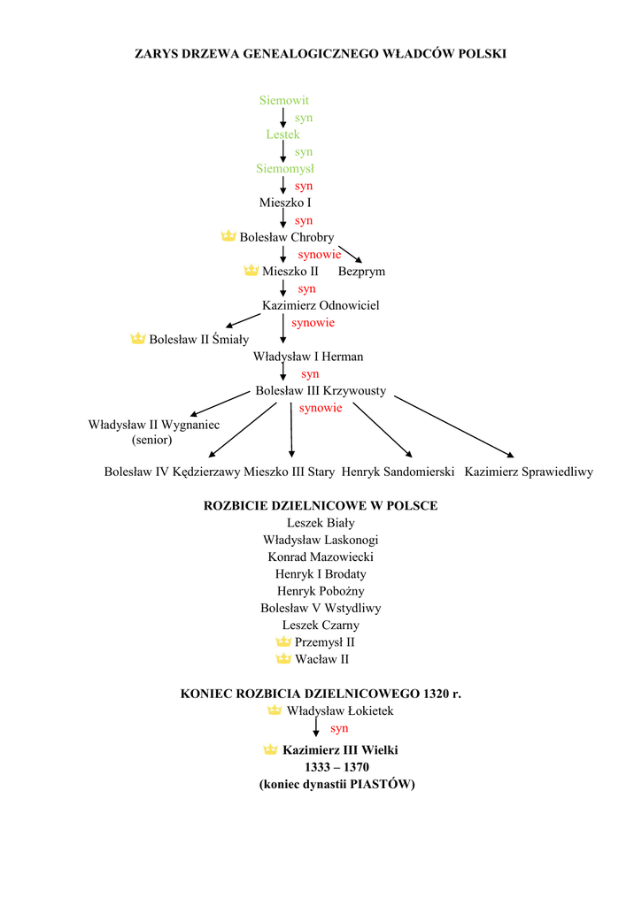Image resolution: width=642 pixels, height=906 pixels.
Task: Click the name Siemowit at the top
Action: pos(283,101)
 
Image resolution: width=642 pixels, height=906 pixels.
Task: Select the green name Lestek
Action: pos(282,134)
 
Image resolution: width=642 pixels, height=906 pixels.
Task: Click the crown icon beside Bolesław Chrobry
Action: pos(228,236)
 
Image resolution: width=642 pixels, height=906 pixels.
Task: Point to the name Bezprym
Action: pos(361,272)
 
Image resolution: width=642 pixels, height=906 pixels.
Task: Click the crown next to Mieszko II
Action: pos(251,271)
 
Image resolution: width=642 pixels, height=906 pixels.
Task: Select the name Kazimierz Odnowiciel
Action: pos(320,305)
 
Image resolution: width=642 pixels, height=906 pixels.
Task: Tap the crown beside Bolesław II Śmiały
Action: pos(137,339)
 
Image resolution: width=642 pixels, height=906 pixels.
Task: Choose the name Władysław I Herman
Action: pos(308,357)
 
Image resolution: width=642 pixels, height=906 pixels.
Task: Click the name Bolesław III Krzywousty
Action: pos(321,390)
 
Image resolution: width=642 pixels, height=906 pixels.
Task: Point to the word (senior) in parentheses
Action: pos(152,439)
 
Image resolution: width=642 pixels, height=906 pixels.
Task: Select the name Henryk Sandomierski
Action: pos(398,472)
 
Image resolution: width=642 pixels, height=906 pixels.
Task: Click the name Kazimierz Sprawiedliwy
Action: pos(529,472)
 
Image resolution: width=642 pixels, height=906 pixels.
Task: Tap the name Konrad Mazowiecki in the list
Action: pos(321,557)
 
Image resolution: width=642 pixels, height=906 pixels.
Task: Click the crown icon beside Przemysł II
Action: pos(283,641)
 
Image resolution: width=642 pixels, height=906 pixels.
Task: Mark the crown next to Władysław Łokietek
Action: pos(275,710)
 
